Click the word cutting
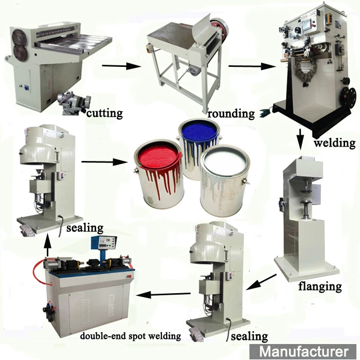104,113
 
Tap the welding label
334,142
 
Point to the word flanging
320,286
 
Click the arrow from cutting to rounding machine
121,66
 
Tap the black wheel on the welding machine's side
350,96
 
